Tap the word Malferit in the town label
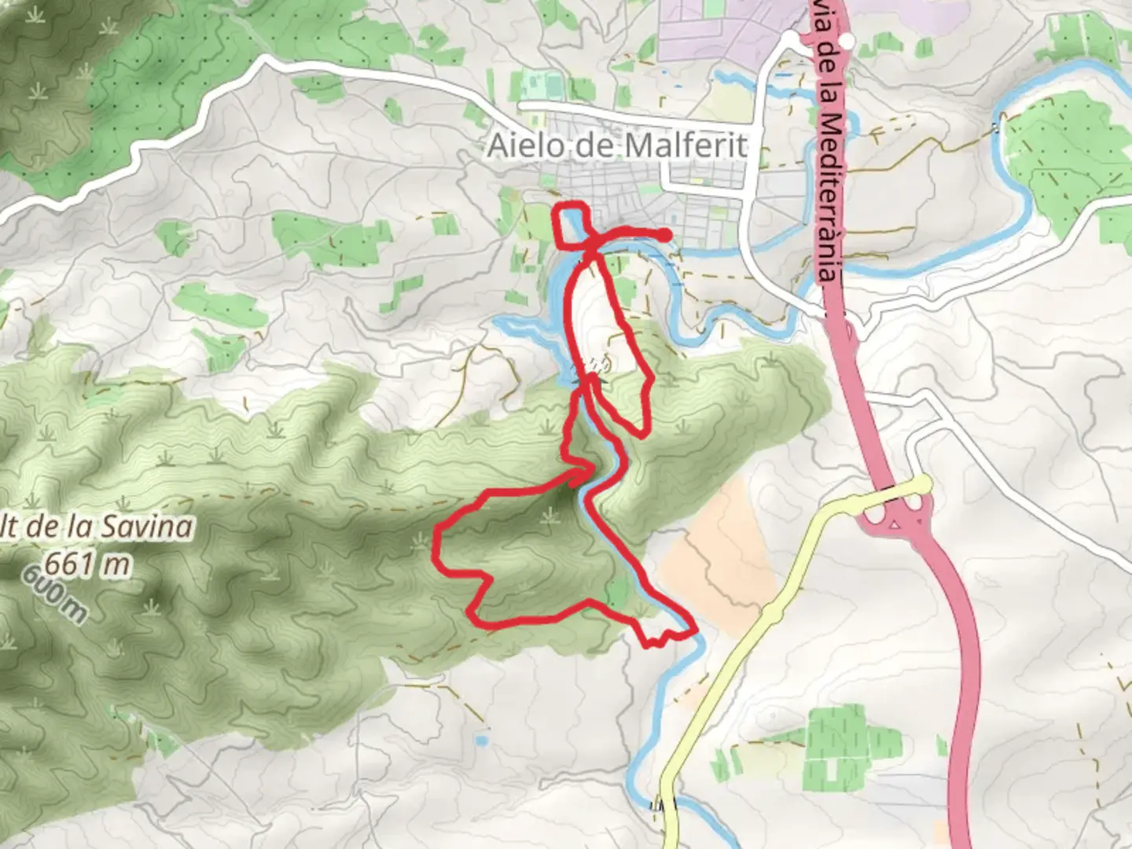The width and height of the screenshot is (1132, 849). point(687,146)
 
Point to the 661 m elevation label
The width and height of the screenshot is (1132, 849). point(86,563)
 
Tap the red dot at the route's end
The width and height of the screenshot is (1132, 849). point(665,235)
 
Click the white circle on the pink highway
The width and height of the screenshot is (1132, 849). point(847,41)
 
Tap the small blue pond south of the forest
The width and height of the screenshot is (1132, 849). point(481,741)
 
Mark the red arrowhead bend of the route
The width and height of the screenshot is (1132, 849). point(588,470)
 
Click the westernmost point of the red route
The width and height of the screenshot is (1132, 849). point(436,542)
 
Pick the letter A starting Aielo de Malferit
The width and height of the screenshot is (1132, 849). point(496,146)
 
